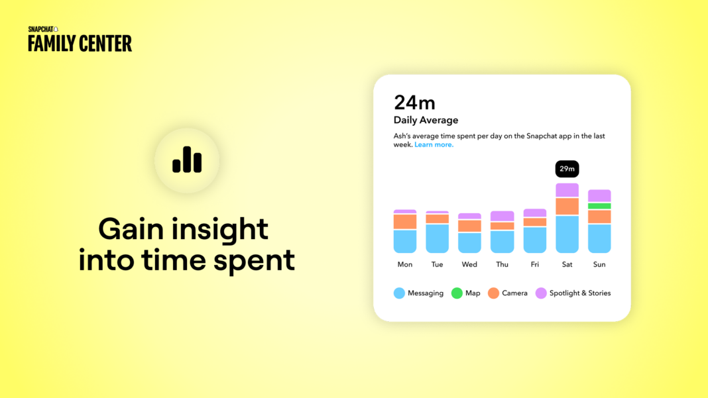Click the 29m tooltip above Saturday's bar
click(x=567, y=169)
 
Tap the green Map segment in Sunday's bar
click(x=599, y=206)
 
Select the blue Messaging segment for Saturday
click(x=567, y=234)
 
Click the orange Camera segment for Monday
click(x=405, y=222)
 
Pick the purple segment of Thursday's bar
click(x=502, y=216)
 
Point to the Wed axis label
click(x=469, y=264)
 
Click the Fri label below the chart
click(x=534, y=264)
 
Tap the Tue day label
click(x=437, y=264)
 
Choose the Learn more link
click(x=434, y=144)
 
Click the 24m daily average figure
click(x=414, y=103)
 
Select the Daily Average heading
click(x=426, y=120)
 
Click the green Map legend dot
click(x=457, y=293)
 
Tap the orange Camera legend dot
click(x=493, y=293)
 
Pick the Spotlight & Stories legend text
click(x=580, y=293)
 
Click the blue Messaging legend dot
click(x=399, y=293)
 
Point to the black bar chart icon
click(x=187, y=160)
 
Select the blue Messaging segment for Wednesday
click(x=469, y=242)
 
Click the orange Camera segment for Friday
click(x=534, y=222)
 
